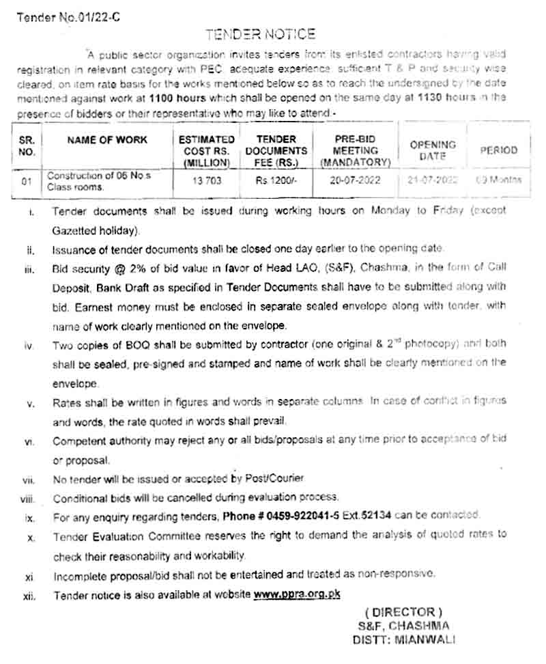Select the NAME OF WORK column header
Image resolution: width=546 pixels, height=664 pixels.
pyautogui.click(x=107, y=139)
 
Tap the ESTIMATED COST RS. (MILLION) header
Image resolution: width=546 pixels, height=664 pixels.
pyautogui.click(x=207, y=150)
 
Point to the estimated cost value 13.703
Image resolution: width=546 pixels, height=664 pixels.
pyautogui.click(x=206, y=181)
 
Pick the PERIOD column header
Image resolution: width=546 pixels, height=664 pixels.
pyautogui.click(x=498, y=150)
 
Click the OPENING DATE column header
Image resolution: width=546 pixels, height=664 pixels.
pyautogui.click(x=433, y=150)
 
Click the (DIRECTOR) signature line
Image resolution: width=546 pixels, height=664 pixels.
pyautogui.click(x=403, y=611)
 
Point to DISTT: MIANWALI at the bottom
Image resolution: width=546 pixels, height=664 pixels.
pyautogui.click(x=403, y=640)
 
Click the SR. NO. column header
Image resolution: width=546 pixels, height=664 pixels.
pyautogui.click(x=27, y=145)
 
